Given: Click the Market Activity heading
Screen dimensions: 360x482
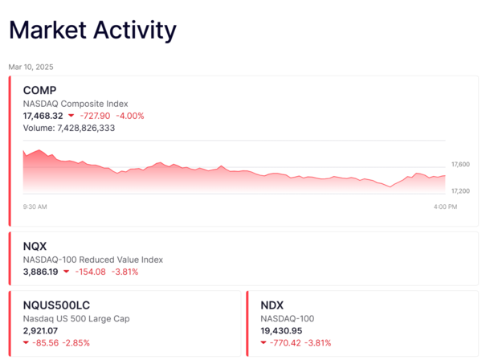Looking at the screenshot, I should pos(92,31).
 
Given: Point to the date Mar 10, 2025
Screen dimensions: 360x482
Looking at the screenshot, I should pos(31,67).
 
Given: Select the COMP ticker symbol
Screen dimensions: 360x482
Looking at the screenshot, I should pos(40,90).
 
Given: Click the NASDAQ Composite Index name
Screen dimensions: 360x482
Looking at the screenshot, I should pos(75,104).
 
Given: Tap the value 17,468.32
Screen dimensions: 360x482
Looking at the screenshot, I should pos(43,116).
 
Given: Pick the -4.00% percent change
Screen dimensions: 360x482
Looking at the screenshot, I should pos(131,116).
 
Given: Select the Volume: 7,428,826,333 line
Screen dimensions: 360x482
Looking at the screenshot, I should pos(80,128).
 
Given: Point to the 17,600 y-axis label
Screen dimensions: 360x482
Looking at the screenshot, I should pos(460,164).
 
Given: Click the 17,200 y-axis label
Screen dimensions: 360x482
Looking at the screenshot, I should pos(460,191).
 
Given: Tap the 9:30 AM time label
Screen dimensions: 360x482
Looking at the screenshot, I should pos(35,207).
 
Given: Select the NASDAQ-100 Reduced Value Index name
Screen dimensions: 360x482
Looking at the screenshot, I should pos(92,260).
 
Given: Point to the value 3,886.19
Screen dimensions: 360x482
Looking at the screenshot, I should pos(40,272).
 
